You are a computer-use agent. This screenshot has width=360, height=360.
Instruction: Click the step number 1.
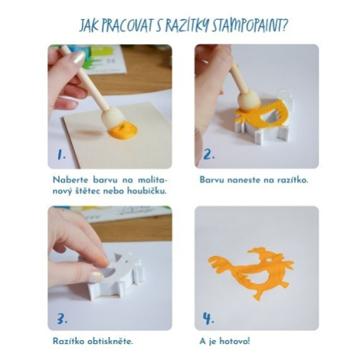(61, 155)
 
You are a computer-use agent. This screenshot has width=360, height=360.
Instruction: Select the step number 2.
(208, 154)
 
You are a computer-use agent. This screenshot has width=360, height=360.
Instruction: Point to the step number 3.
(62, 319)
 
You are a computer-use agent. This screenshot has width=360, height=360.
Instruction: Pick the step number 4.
(208, 319)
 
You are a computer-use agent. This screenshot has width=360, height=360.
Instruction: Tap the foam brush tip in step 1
(113, 118)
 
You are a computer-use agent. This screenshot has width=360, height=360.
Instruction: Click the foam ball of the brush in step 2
(249, 103)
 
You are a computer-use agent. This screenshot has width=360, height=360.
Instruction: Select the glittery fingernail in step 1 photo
(77, 58)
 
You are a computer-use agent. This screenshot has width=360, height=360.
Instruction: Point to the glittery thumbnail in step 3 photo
(97, 277)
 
